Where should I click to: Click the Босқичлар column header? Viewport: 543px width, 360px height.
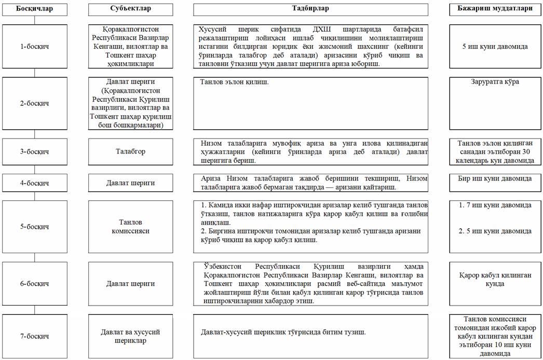click(x=34, y=9)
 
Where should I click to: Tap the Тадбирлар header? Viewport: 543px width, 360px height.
click(x=310, y=9)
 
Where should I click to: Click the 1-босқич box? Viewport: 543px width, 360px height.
click(x=34, y=47)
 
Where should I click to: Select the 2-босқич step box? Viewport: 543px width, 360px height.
click(x=34, y=103)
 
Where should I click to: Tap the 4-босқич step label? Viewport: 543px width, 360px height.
click(x=34, y=183)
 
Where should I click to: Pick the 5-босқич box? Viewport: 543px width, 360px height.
click(x=34, y=227)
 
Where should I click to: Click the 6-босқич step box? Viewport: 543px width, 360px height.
click(x=34, y=284)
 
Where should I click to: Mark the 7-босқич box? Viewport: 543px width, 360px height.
click(x=34, y=336)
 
